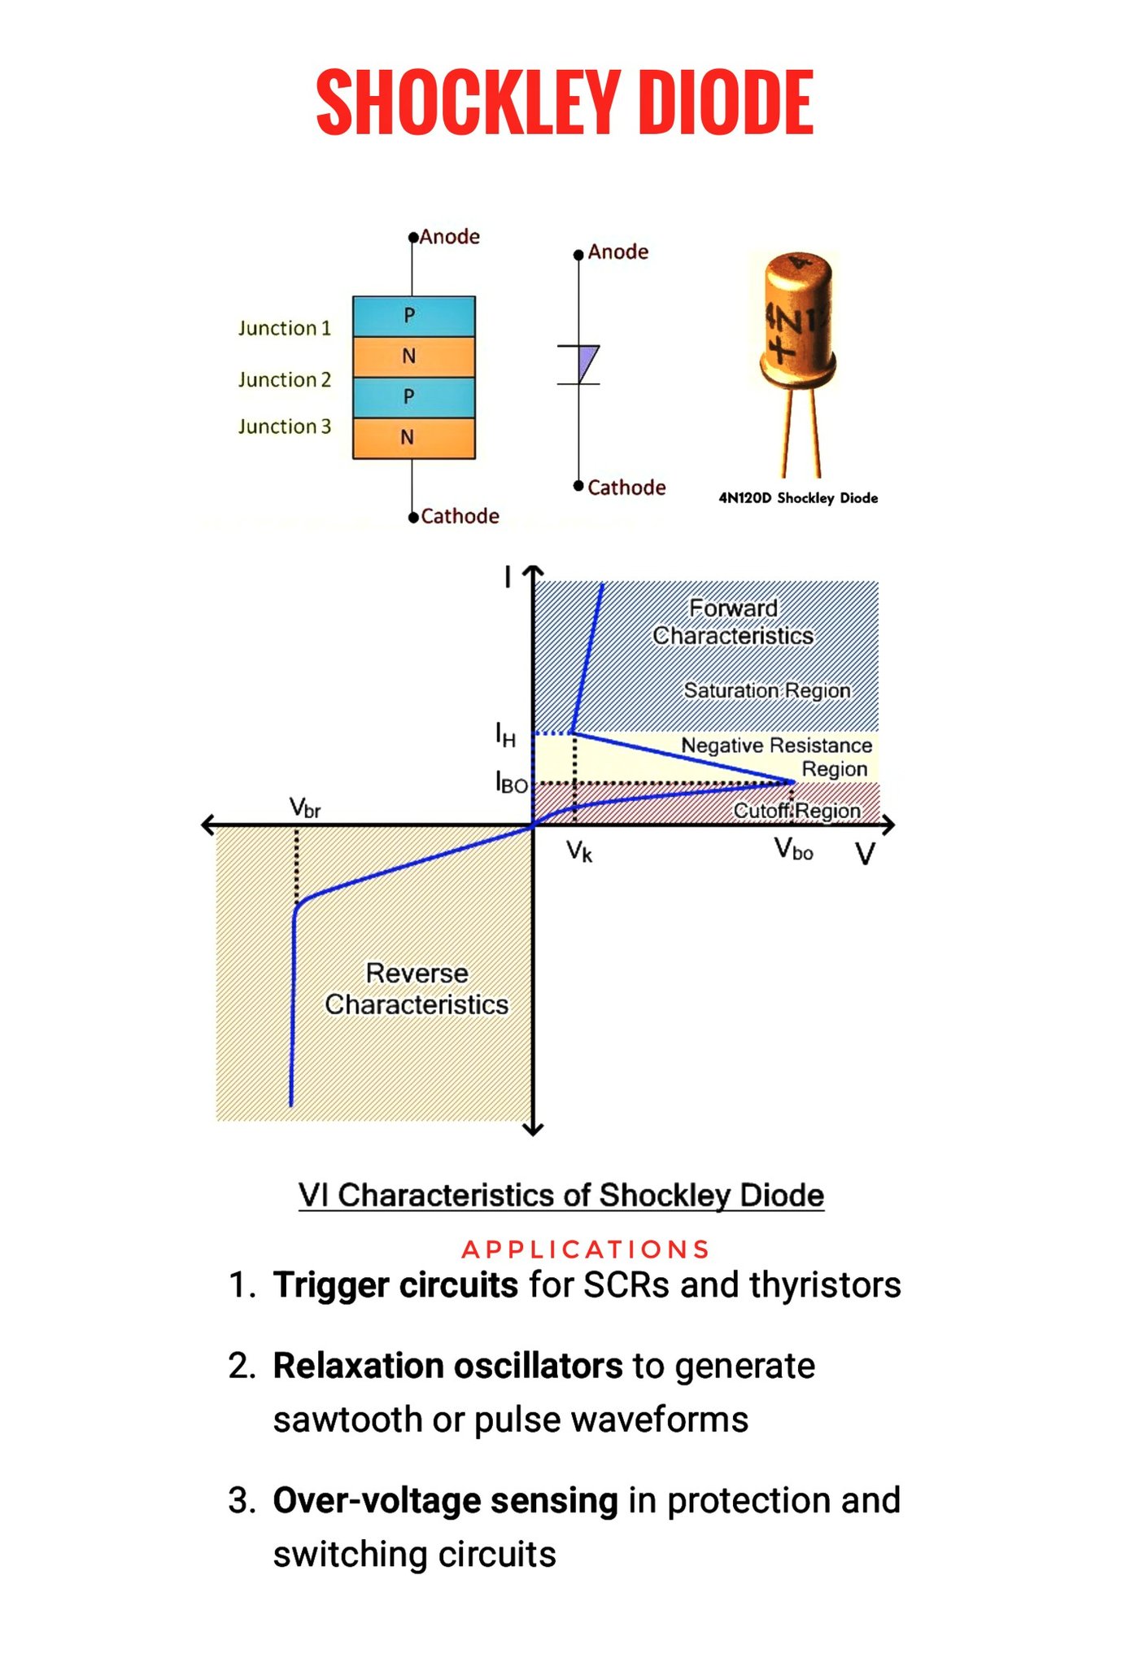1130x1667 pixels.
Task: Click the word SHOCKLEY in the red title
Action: tap(468, 103)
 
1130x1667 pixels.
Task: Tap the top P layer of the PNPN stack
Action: tap(413, 316)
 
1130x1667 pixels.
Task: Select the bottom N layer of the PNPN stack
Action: tap(413, 438)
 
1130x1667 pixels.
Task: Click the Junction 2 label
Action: tap(285, 379)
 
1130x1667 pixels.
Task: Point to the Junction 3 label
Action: tap(285, 427)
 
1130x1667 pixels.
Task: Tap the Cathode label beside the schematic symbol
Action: tap(626, 488)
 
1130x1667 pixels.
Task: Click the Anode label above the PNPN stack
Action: tap(449, 237)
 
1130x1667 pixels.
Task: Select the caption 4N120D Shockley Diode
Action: tap(798, 498)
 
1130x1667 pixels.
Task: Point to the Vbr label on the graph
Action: tap(305, 808)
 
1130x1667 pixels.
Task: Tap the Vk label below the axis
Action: tap(579, 851)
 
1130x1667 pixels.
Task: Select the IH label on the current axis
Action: tap(506, 735)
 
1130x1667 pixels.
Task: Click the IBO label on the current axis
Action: tap(512, 783)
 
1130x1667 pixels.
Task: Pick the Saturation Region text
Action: tap(767, 690)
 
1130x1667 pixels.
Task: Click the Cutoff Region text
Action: tap(796, 811)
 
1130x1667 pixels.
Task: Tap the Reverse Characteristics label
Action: tap(417, 989)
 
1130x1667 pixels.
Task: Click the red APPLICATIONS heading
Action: tap(586, 1249)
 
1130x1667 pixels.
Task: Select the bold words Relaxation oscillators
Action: tap(448, 1366)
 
